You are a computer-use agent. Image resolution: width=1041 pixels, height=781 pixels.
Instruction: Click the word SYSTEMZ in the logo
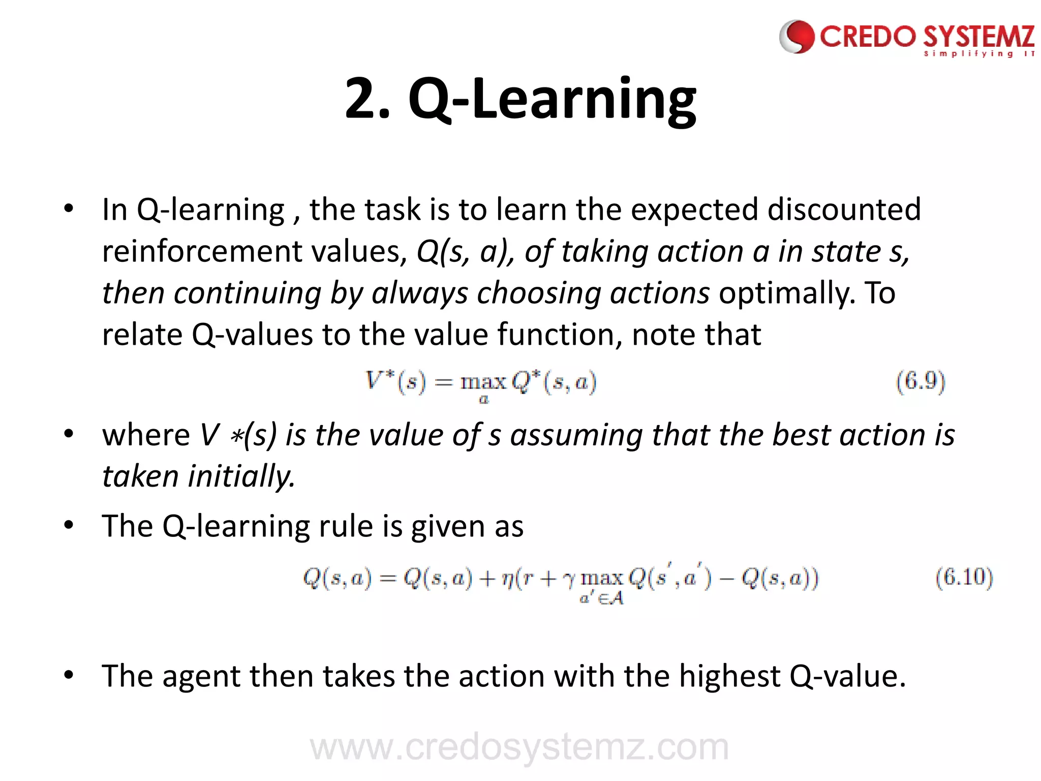pyautogui.click(x=978, y=38)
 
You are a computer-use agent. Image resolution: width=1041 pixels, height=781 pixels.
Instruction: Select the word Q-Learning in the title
pyautogui.click(x=552, y=99)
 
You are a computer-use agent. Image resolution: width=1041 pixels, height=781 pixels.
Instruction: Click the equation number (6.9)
pyautogui.click(x=920, y=381)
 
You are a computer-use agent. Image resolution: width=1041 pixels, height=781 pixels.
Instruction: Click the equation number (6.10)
pyautogui.click(x=964, y=578)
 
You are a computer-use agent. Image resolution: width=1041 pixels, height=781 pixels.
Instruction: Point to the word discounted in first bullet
pyautogui.click(x=844, y=209)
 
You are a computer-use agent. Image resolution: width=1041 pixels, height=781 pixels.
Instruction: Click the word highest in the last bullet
pyautogui.click(x=729, y=676)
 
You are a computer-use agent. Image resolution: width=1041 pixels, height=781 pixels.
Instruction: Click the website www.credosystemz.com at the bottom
pyautogui.click(x=519, y=746)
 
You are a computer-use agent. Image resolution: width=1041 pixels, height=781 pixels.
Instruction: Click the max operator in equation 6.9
pyautogui.click(x=483, y=381)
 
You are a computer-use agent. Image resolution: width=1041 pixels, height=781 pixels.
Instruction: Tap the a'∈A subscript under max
pyautogui.click(x=601, y=598)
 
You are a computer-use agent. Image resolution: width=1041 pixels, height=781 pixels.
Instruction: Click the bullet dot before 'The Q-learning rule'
pyautogui.click(x=69, y=525)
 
